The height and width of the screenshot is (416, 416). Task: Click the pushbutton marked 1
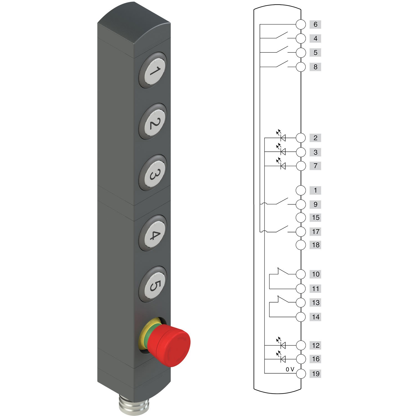[x=153, y=71]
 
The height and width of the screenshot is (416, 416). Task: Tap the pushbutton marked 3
[x=153, y=173]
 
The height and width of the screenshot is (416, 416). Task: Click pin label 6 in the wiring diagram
[x=315, y=24]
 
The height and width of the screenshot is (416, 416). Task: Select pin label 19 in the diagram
[x=316, y=374]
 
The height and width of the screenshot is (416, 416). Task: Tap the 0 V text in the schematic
[x=290, y=369]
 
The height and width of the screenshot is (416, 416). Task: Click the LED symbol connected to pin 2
[x=283, y=137]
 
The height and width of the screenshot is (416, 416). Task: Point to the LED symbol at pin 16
[x=283, y=359]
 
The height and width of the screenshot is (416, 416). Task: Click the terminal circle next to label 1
[x=301, y=191]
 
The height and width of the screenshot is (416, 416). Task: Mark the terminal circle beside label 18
[x=301, y=245]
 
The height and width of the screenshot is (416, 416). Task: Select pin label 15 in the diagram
[x=316, y=218]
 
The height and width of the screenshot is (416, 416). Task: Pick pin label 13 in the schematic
[x=316, y=303]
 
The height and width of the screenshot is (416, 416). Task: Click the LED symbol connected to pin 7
[x=283, y=166]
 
